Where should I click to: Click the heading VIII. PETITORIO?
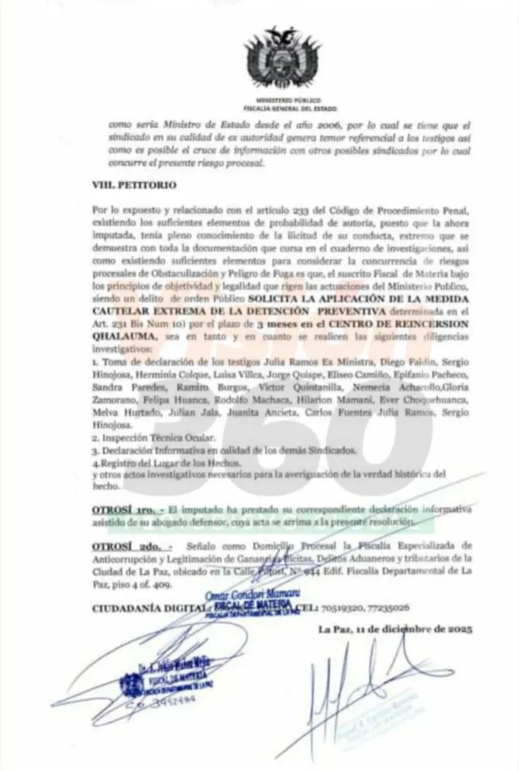[136, 186]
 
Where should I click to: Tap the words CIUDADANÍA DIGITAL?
[146, 607]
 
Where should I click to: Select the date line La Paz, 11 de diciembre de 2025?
[393, 628]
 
